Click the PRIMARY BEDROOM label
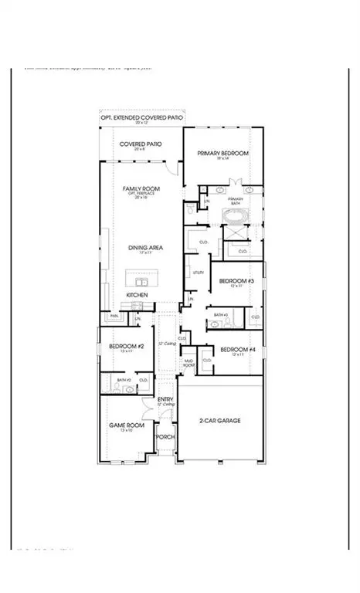tap(222, 154)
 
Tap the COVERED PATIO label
tap(140, 144)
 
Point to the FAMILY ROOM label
tap(140, 188)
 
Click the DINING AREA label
tap(140, 248)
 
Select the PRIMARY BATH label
tap(235, 200)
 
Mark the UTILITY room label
tap(198, 273)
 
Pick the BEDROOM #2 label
tap(122, 347)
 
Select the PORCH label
tap(165, 437)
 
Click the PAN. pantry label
tap(114, 316)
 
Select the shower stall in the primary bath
tap(235, 235)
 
